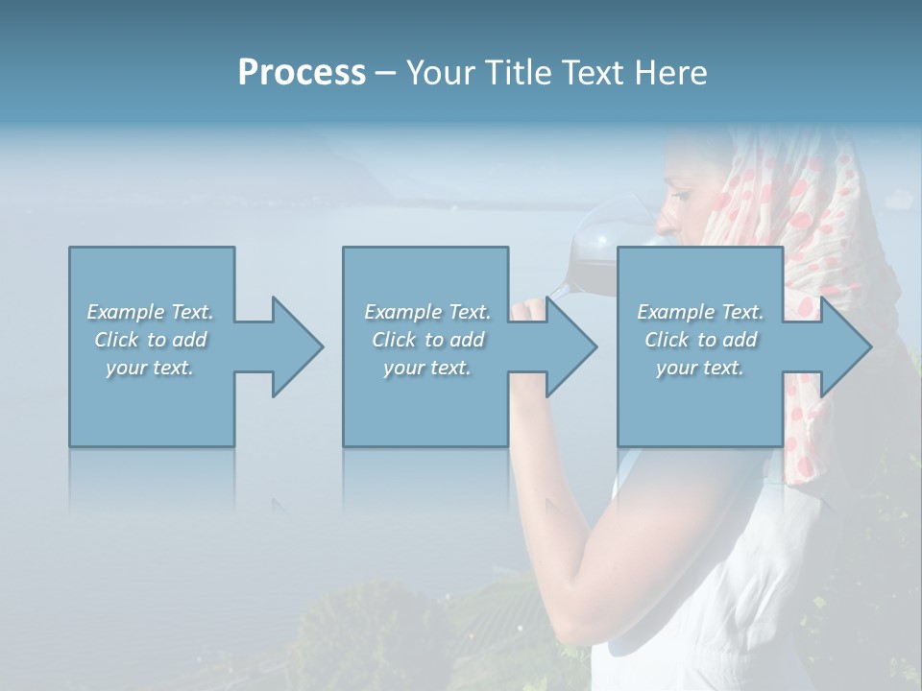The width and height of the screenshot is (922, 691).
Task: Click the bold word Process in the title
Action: [x=302, y=73]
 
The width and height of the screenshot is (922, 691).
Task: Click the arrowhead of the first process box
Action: [x=296, y=346]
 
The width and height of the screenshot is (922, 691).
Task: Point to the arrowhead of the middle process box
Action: [x=570, y=346]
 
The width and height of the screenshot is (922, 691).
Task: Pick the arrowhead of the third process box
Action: [x=844, y=346]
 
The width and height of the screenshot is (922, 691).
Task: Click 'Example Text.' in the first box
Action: [x=150, y=312]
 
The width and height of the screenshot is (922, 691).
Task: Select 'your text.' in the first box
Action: [x=150, y=368]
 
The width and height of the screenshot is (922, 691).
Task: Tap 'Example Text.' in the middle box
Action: [x=427, y=312]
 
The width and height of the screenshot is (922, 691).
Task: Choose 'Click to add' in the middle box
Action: [x=427, y=340]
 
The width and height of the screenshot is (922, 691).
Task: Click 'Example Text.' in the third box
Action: [x=700, y=312]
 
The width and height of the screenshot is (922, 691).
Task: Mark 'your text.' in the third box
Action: [x=700, y=368]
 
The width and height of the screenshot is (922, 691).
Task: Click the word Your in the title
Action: [x=438, y=73]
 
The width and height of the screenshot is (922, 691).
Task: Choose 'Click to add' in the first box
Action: [x=150, y=340]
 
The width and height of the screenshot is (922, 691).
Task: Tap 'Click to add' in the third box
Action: [x=700, y=340]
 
